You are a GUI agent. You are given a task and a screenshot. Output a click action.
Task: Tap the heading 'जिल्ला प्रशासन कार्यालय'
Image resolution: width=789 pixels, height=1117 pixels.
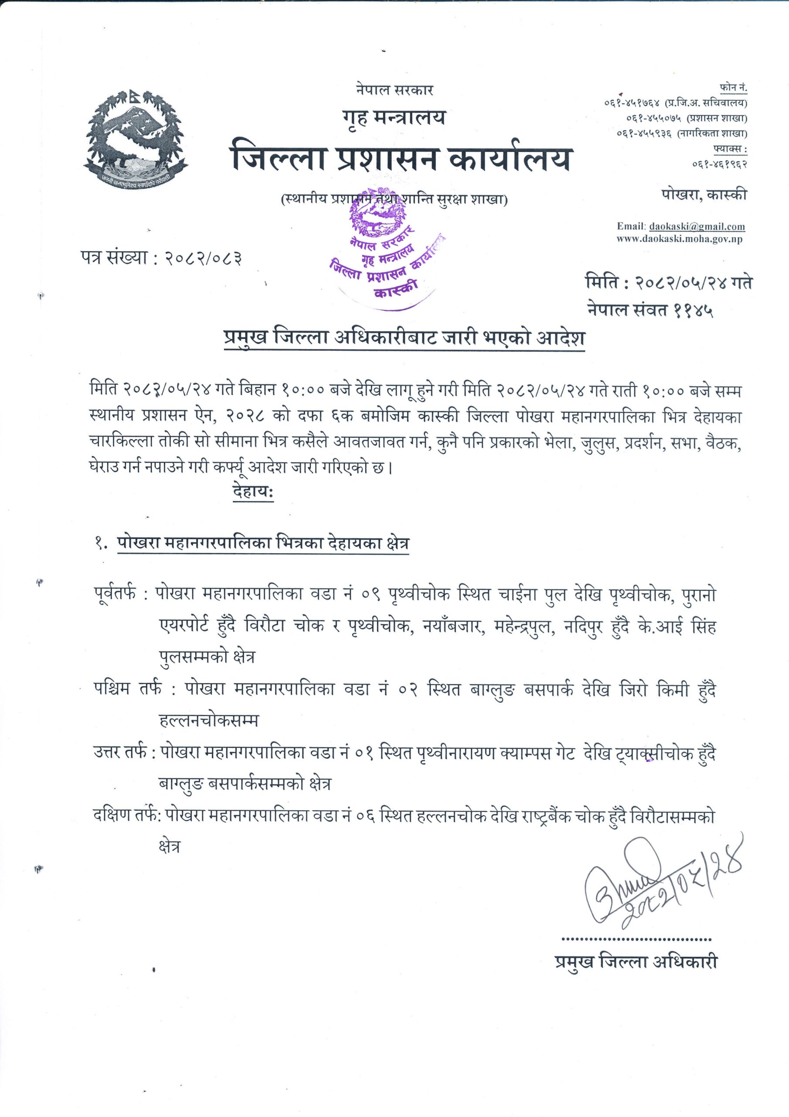401,157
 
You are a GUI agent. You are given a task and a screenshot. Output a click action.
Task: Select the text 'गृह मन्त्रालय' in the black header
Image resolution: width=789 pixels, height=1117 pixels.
394,118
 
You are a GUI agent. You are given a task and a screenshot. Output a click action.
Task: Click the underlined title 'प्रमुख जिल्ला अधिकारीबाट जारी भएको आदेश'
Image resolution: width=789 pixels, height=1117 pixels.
404,339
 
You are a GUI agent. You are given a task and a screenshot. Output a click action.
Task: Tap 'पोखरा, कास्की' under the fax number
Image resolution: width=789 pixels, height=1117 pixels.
704,195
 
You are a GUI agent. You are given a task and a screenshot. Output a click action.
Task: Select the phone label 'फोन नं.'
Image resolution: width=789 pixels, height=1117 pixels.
733,88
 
